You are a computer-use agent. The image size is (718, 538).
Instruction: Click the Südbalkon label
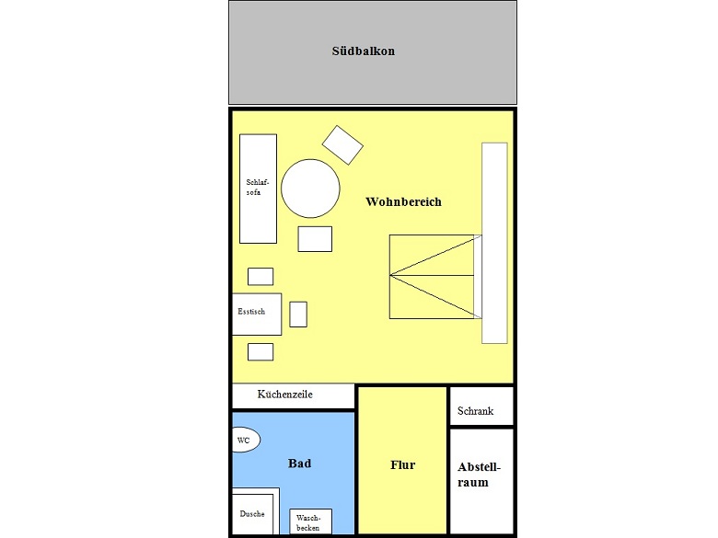point(364,51)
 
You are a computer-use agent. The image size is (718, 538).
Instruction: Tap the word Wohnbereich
point(403,201)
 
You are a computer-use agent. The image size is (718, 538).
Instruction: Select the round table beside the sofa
point(310,189)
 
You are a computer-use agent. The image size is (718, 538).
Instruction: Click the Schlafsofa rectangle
point(259,189)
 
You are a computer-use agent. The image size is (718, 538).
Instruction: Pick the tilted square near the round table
point(342,145)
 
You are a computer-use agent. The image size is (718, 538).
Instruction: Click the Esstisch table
point(257,315)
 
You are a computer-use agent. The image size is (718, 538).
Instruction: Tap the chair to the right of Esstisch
point(298,315)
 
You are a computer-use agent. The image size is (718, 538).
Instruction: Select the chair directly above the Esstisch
point(261,276)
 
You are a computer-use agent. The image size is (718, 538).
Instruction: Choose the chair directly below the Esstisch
point(261,352)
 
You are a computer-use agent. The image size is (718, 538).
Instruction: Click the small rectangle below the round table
point(315,239)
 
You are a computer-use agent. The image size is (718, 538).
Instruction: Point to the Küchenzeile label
point(284,395)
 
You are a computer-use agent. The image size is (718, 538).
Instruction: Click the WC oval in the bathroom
point(247,440)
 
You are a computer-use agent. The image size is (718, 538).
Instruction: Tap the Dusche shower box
point(253,514)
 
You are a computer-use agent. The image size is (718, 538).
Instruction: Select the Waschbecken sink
point(310,521)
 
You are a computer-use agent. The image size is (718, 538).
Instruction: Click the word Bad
point(299,464)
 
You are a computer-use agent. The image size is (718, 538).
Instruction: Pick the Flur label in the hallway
point(402,464)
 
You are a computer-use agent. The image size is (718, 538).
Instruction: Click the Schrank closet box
point(481,406)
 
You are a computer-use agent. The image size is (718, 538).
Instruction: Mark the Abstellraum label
point(479,475)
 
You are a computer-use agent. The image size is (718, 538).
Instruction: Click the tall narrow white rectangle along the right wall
point(494,243)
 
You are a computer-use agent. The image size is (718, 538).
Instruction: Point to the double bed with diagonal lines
point(435,277)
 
